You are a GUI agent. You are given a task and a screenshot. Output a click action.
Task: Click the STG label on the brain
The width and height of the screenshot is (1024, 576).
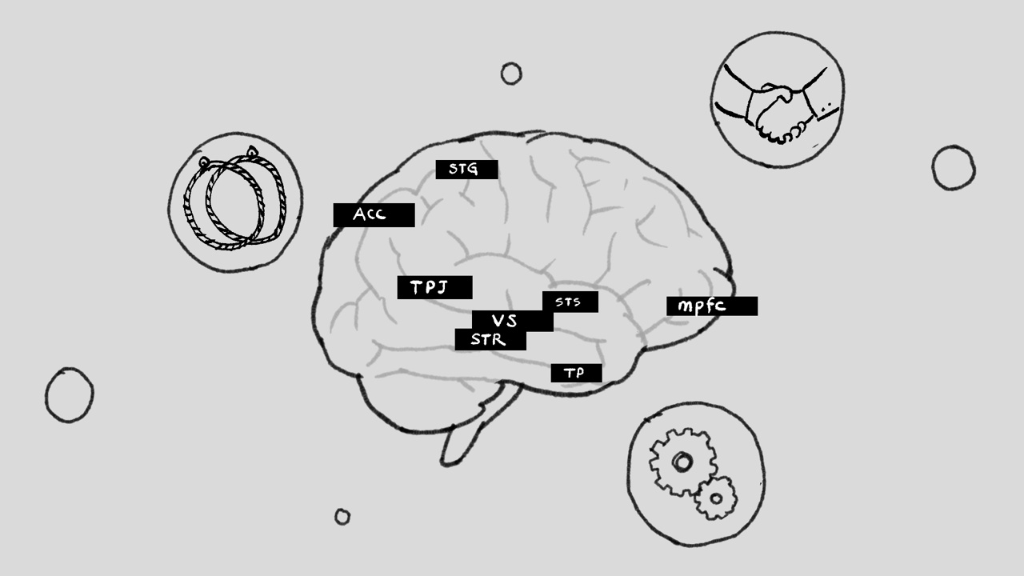(x=466, y=170)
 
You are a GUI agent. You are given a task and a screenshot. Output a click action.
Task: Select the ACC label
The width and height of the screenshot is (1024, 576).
(x=374, y=215)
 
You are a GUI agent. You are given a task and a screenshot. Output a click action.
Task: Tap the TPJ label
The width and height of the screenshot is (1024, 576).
(x=434, y=287)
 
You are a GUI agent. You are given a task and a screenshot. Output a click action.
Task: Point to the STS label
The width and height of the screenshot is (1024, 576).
(x=570, y=302)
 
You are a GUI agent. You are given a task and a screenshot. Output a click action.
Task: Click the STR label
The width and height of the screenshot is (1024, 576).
(x=490, y=340)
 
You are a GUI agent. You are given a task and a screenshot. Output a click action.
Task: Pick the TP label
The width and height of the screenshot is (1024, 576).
(x=576, y=373)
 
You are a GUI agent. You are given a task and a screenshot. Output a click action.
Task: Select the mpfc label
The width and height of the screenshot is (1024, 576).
(x=712, y=306)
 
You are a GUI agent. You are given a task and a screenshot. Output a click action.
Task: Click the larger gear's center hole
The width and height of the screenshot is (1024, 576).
(x=682, y=462)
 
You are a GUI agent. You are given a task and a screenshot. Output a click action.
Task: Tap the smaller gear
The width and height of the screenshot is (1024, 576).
(x=716, y=498)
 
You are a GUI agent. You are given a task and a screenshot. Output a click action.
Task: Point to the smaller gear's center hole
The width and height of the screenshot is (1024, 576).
(x=716, y=498)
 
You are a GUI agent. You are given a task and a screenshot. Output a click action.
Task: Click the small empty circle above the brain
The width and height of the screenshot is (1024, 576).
(x=511, y=74)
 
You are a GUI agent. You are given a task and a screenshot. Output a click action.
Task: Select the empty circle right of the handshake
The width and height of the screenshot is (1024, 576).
(x=954, y=168)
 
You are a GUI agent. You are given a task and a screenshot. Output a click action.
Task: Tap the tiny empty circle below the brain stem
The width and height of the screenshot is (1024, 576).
(x=342, y=517)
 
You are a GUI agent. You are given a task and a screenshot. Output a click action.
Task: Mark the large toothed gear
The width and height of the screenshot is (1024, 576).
(x=683, y=462)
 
